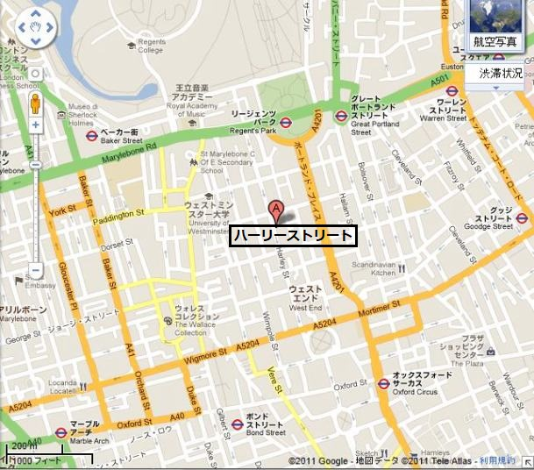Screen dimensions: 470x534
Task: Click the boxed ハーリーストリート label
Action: pyautogui.click(x=292, y=236)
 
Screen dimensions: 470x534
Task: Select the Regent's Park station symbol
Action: pyautogui.click(x=286, y=122)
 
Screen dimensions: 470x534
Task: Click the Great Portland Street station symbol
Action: pyautogui.click(x=341, y=116)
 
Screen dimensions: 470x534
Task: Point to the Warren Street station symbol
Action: pyautogui.click(x=452, y=90)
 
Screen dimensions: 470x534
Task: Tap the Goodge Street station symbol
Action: pyautogui.click(x=522, y=218)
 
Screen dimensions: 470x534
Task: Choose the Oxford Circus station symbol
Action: pyautogui.click(x=383, y=383)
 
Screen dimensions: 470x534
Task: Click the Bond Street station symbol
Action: pyautogui.click(x=237, y=424)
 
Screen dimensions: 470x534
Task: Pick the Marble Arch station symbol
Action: pyautogui.click(x=61, y=432)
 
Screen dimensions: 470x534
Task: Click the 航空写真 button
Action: pyautogui.click(x=495, y=40)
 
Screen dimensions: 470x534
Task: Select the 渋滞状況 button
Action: pyautogui.click(x=499, y=74)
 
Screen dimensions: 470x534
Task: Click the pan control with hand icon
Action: pyautogui.click(x=36, y=28)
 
